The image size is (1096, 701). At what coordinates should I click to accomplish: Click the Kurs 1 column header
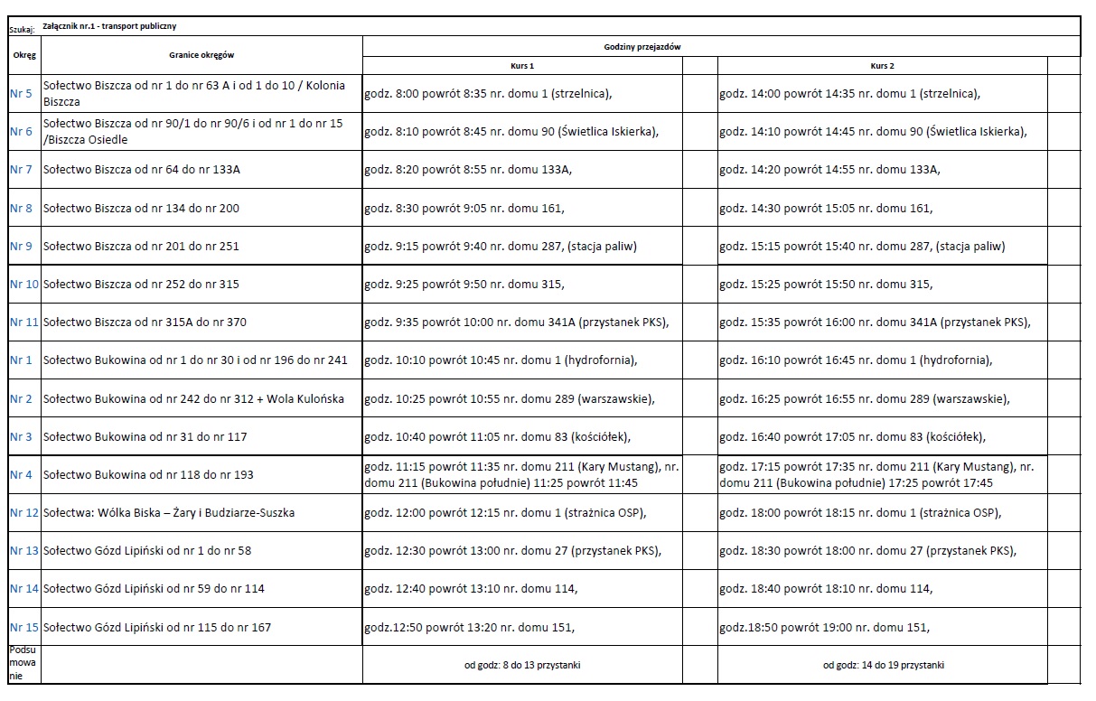click(522, 66)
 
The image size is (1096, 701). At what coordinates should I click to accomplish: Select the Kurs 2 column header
click(882, 66)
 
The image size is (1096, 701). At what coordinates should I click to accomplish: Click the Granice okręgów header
click(201, 55)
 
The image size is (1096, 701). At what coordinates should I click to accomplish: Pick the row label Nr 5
click(21, 93)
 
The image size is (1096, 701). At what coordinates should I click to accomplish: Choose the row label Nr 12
click(24, 513)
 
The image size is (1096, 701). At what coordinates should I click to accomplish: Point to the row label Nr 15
click(24, 627)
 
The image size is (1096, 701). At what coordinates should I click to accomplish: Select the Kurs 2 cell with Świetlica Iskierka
click(873, 132)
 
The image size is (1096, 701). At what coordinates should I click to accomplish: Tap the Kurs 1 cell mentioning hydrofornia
click(501, 360)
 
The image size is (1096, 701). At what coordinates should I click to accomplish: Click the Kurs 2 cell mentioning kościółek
click(852, 437)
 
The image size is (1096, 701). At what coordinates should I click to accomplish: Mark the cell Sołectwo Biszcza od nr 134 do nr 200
click(142, 209)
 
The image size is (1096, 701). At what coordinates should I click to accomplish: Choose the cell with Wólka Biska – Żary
click(169, 513)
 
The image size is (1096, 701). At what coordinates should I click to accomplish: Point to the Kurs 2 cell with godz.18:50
click(824, 628)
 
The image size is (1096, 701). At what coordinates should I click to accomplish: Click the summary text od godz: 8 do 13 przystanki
click(522, 666)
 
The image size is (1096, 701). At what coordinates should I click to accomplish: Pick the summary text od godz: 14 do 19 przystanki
click(883, 666)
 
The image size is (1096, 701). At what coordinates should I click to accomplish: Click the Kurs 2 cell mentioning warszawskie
click(865, 399)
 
